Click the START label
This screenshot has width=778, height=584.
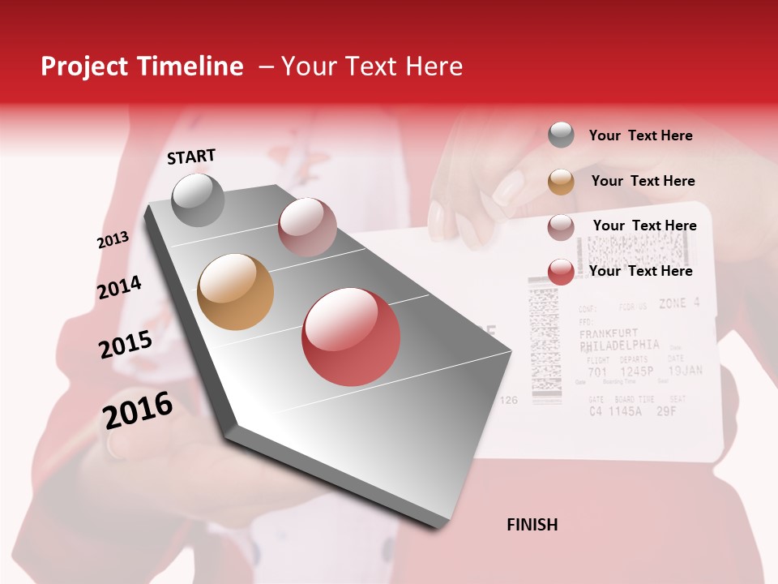click(x=191, y=157)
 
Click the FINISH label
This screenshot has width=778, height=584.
click(x=532, y=525)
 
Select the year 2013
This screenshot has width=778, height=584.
click(x=113, y=240)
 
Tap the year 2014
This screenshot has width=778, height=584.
click(x=120, y=287)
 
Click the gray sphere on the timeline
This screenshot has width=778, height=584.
click(x=199, y=200)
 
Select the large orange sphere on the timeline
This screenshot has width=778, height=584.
click(x=236, y=292)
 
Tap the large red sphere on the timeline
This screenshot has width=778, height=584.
click(x=351, y=337)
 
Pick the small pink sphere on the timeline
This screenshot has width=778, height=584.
click(x=307, y=227)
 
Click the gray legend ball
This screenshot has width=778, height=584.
click(x=561, y=135)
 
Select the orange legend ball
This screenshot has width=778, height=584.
click(x=561, y=182)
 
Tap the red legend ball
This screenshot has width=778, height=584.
click(x=561, y=272)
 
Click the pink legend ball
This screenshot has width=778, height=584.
click(x=561, y=227)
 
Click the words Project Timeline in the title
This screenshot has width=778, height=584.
click(x=142, y=67)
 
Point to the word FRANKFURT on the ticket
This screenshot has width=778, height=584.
click(x=609, y=333)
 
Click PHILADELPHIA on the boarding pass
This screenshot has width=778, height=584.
click(x=620, y=345)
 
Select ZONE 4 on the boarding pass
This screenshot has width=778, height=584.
click(x=678, y=303)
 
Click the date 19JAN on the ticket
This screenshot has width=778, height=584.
click(x=685, y=371)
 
